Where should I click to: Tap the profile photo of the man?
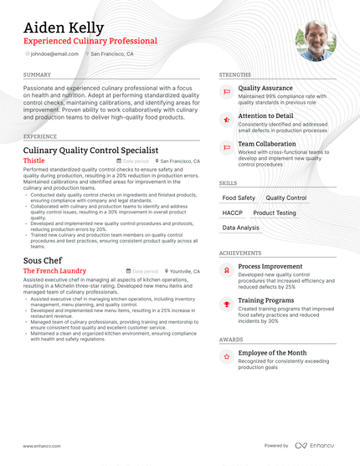coord(316,41)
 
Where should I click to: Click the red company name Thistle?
coord(34,160)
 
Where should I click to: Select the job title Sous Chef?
coord(43,260)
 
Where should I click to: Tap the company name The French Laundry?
coord(54,271)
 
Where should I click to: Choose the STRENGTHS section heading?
coord(234,74)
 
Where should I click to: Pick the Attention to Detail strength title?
coord(265,115)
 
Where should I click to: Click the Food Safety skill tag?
coord(239,198)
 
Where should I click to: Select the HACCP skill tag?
coord(233,213)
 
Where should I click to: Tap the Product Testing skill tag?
coord(275,213)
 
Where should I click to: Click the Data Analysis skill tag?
coord(240,228)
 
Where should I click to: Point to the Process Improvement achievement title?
coord(270,267)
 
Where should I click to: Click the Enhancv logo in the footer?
coord(316,446)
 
